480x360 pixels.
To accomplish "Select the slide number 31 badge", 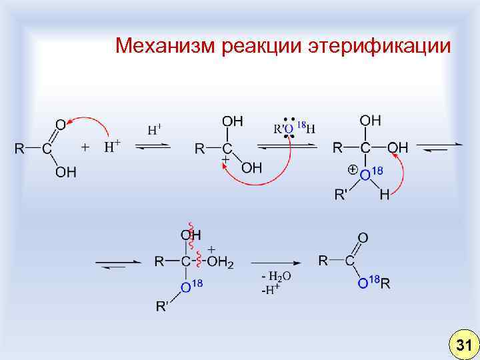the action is click(x=461, y=344).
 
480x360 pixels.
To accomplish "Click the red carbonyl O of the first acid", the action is click(x=60, y=125).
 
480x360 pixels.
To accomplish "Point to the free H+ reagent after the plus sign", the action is click(x=111, y=147).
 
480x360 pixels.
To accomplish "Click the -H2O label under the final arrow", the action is click(x=275, y=275).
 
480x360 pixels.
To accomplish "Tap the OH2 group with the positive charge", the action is click(x=221, y=262).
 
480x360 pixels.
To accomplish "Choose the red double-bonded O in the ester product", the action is click(x=362, y=237).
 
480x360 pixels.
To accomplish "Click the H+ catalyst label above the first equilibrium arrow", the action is click(x=155, y=128).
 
